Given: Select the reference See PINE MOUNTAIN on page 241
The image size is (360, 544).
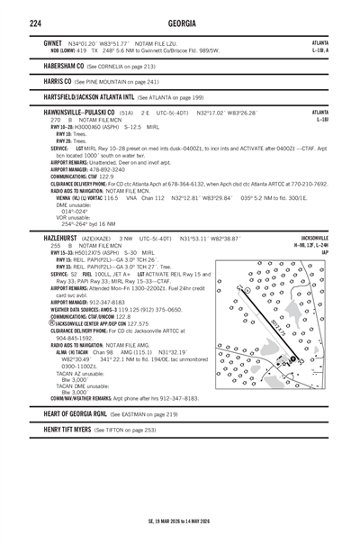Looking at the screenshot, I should pyautogui.click(x=124, y=80).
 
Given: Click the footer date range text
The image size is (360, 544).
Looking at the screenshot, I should pyautogui.click(x=179, y=522).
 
